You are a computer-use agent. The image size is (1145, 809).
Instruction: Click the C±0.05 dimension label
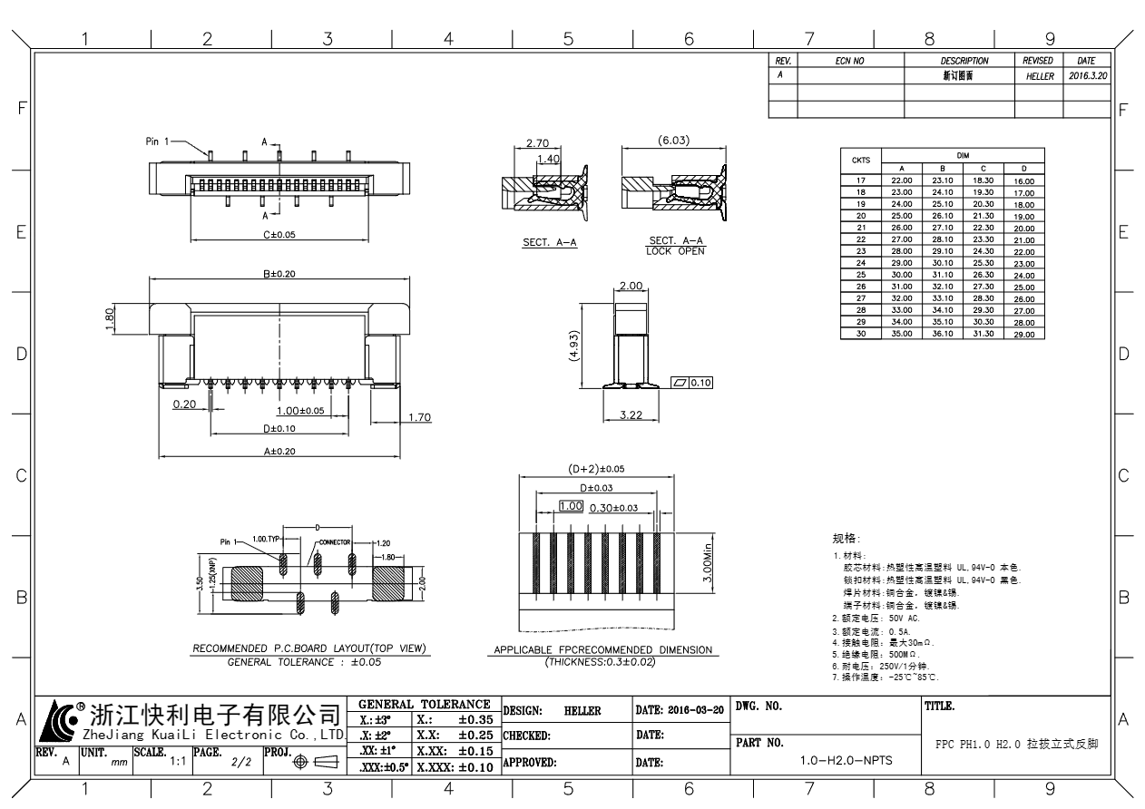(x=279, y=234)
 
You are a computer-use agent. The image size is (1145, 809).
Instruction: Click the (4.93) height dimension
(x=574, y=346)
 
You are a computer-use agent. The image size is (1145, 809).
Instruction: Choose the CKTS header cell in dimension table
(x=860, y=161)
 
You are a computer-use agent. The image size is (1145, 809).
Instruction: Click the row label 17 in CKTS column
(x=860, y=181)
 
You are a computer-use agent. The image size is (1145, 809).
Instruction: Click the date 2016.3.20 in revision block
(x=1089, y=77)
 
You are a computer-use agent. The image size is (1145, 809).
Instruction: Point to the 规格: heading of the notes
(x=845, y=539)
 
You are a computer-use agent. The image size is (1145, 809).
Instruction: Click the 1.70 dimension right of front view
(x=419, y=418)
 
